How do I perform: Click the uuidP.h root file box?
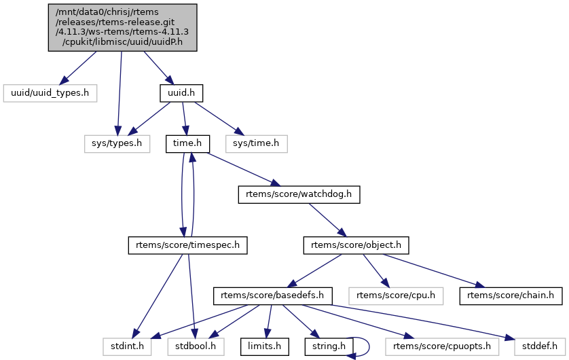click(x=122, y=27)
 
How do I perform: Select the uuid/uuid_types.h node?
click(x=50, y=91)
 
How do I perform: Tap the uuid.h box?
click(x=181, y=91)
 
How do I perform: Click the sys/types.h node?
click(x=117, y=143)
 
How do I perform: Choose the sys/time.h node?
click(x=256, y=143)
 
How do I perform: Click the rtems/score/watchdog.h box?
click(x=299, y=195)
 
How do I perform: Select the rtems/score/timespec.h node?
click(x=187, y=245)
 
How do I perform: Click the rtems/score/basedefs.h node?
click(x=273, y=296)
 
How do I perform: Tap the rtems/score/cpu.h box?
click(x=396, y=296)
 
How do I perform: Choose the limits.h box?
click(x=265, y=346)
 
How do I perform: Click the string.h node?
click(x=329, y=346)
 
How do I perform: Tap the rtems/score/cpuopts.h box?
click(x=439, y=346)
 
